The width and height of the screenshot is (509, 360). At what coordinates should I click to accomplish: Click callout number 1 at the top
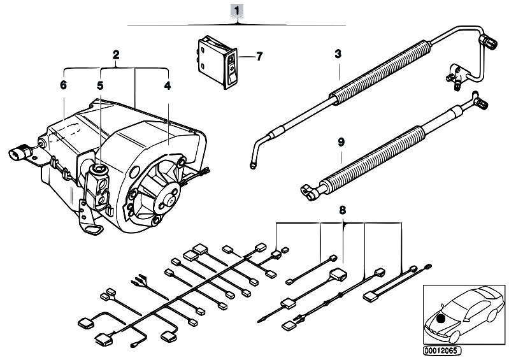[238, 10]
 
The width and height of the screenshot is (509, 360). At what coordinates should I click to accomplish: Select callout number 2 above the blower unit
[116, 55]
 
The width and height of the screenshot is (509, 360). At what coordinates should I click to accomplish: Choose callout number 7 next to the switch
[259, 56]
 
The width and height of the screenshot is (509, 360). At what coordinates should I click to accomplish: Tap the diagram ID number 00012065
[439, 350]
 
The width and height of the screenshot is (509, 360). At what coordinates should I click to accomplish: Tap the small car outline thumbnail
[459, 312]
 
